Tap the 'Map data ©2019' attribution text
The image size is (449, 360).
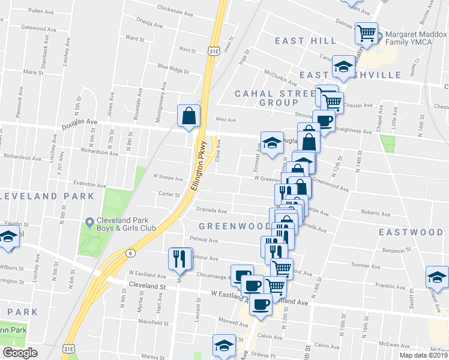424,355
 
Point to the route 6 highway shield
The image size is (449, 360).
130,254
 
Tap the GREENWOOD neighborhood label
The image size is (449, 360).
235,226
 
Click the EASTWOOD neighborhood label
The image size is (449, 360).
411,232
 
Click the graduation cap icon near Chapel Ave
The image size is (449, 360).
437,275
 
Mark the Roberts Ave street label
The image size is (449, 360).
376,212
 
